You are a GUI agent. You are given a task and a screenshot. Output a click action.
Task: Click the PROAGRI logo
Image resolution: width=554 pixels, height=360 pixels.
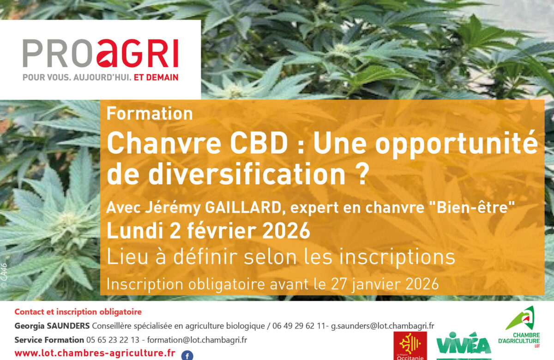coord(100,54)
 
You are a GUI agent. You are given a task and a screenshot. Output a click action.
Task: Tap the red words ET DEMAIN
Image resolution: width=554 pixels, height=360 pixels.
coord(156,77)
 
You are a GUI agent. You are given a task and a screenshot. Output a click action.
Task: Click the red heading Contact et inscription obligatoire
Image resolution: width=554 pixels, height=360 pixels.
coord(78,312)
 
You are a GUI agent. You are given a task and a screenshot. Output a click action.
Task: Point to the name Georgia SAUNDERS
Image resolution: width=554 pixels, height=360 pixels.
coord(52,326)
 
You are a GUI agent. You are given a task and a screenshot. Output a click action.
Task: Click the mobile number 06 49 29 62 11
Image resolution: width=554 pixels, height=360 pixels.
coord(301,326)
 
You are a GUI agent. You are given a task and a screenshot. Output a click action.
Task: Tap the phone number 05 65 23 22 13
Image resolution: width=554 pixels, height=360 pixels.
coord(113,340)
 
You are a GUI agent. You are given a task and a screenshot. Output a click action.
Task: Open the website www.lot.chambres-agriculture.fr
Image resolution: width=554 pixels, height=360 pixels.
coord(95,353)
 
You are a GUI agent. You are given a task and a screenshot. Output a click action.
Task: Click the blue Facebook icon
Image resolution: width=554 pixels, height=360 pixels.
coord(187,355)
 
